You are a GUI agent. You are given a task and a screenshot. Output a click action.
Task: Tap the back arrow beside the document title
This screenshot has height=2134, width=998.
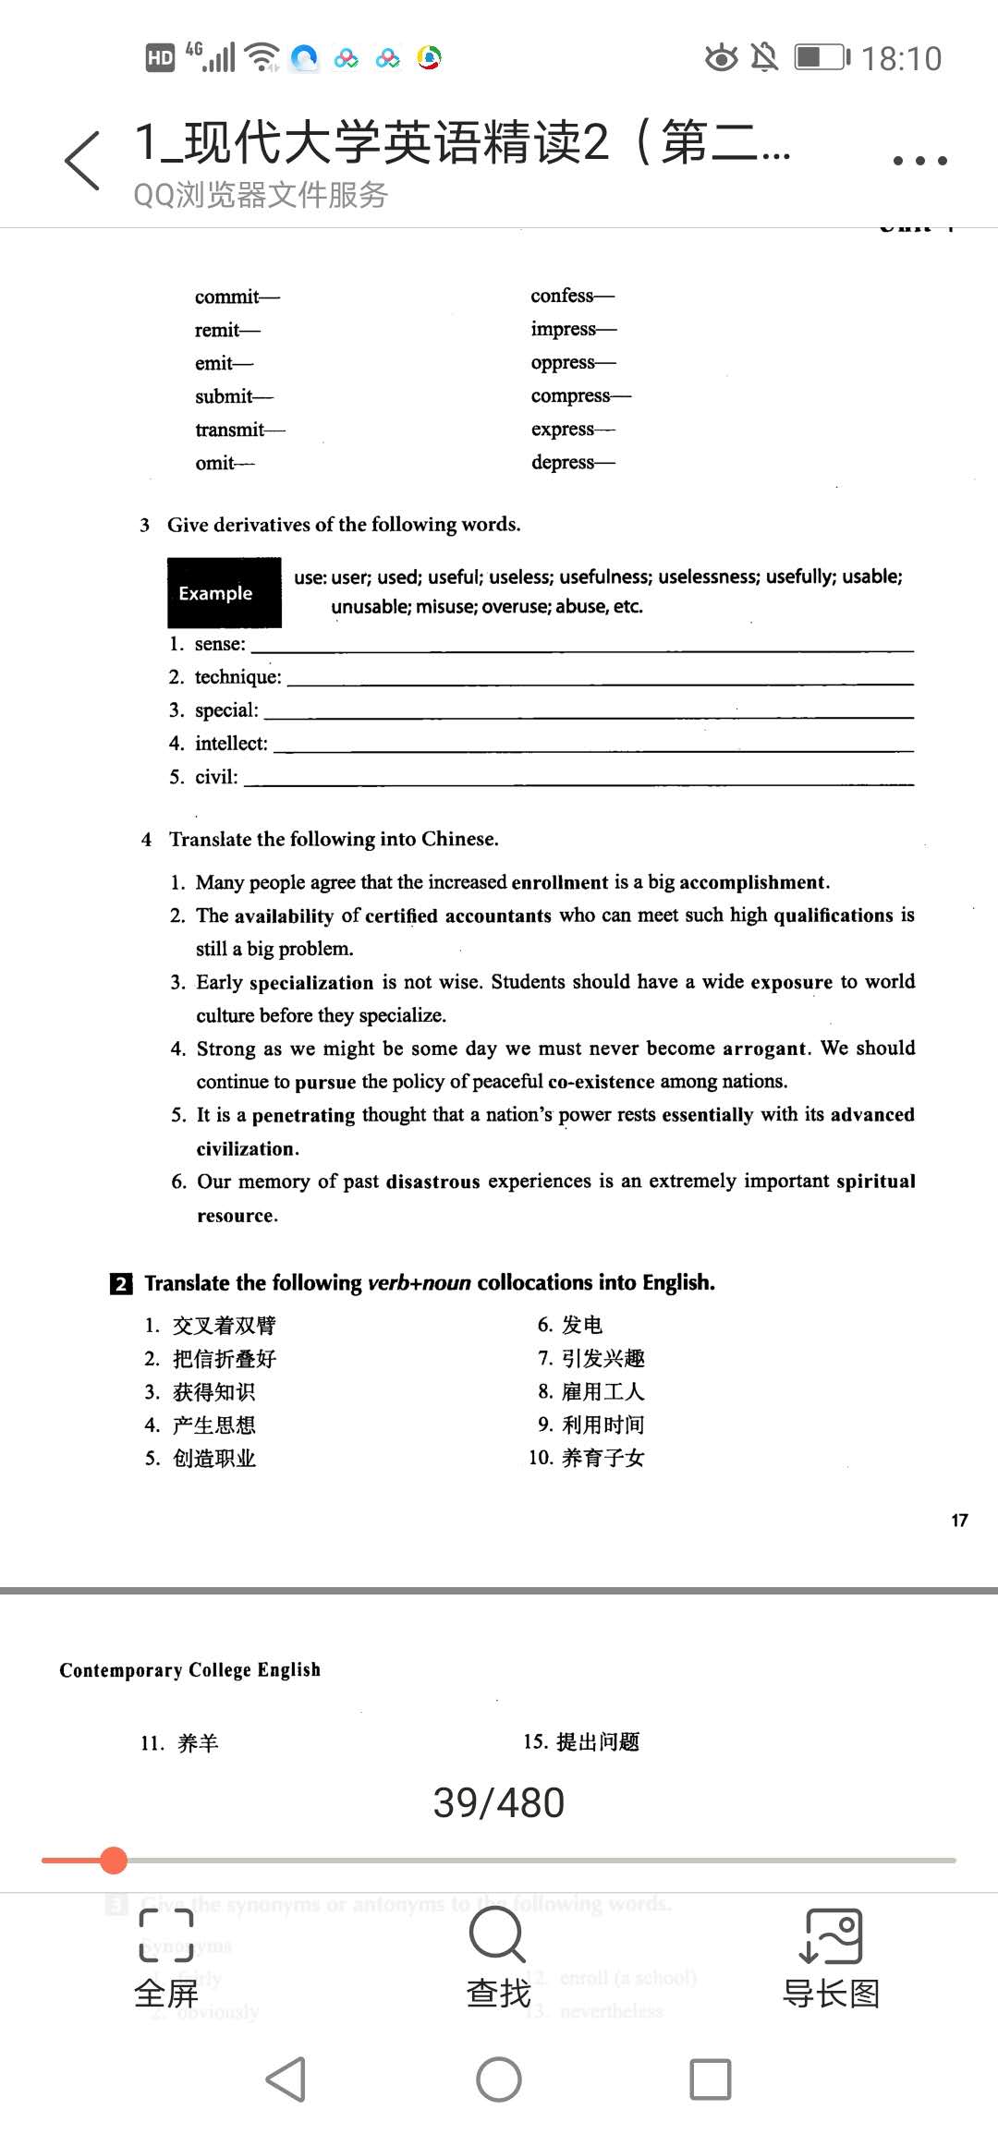(x=82, y=160)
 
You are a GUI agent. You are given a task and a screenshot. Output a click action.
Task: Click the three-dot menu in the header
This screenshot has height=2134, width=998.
(x=919, y=160)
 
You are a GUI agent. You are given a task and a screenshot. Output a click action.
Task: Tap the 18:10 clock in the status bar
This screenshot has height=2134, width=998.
(x=901, y=59)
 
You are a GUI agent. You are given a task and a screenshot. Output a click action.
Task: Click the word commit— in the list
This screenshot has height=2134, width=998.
(x=237, y=297)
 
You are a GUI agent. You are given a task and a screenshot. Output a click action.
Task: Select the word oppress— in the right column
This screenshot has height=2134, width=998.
(x=573, y=362)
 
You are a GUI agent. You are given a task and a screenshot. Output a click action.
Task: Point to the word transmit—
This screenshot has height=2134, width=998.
(x=239, y=430)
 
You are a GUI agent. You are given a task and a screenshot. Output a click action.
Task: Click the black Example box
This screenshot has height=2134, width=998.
(x=224, y=593)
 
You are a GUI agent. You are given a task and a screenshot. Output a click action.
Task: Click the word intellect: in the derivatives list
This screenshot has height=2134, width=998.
(x=231, y=744)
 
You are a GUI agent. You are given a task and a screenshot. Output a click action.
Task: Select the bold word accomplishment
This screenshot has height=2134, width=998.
(x=754, y=882)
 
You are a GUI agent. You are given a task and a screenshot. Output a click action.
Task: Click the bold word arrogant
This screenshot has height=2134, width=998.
(x=766, y=1049)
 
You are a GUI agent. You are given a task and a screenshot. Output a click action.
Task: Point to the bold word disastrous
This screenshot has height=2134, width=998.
(x=432, y=1182)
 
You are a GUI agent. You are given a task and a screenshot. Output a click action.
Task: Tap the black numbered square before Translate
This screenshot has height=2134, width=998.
(x=120, y=1283)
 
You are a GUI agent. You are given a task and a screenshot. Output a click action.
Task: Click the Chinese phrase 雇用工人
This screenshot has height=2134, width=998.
(x=602, y=1391)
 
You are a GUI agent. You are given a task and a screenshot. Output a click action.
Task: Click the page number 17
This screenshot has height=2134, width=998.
(x=959, y=1520)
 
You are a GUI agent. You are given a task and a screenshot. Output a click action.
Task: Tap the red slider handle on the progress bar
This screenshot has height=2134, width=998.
(x=114, y=1860)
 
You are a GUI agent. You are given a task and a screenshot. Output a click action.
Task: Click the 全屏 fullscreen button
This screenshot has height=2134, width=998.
(x=166, y=1957)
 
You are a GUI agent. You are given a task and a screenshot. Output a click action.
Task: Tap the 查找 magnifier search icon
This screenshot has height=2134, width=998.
(x=498, y=1935)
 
